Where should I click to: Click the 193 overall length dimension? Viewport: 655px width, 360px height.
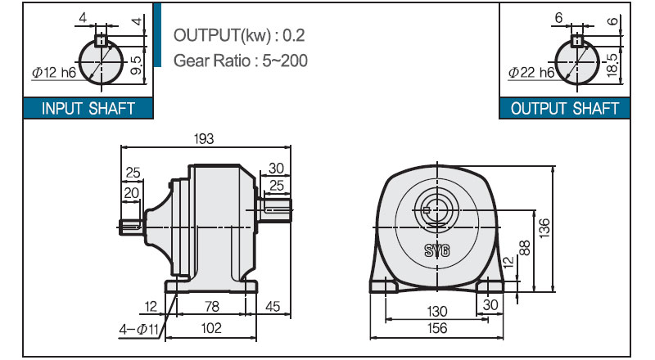tap(204, 138)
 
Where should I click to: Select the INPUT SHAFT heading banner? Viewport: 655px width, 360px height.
tap(88, 109)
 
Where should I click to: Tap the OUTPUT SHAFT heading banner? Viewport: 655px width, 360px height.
tap(564, 109)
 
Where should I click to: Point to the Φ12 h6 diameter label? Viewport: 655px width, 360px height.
tap(54, 73)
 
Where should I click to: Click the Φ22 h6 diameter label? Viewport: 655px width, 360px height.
tap(531, 73)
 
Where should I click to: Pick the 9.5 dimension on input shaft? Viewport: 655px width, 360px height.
tap(137, 65)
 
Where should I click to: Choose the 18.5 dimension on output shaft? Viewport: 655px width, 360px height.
tap(612, 65)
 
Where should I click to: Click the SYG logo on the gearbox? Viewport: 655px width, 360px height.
tap(437, 250)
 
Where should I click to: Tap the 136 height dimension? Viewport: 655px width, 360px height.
tap(544, 228)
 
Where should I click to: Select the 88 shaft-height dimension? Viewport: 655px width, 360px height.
tap(525, 248)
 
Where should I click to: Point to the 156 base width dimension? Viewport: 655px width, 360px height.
tap(437, 328)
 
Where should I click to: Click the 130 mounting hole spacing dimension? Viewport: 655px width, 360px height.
tap(437, 312)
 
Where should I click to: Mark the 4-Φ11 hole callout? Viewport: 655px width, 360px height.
tap(138, 330)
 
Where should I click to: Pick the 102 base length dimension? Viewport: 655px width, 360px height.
tap(211, 328)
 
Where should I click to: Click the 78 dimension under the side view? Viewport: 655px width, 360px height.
tap(212, 307)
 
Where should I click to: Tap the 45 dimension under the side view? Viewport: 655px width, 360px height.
tap(273, 307)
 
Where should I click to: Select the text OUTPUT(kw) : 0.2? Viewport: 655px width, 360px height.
tap(239, 35)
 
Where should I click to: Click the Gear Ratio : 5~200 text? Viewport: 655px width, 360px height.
tap(241, 61)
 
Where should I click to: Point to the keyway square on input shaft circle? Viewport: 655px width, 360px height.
tap(101, 41)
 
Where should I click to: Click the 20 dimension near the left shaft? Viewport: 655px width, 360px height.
tap(131, 193)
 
